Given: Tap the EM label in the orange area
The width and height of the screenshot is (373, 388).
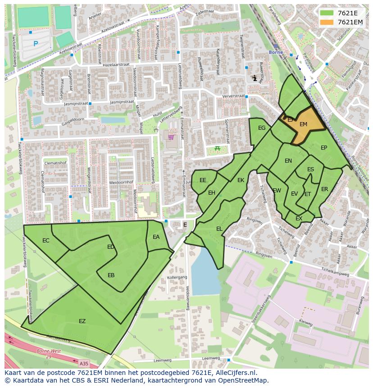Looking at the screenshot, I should point(303,124).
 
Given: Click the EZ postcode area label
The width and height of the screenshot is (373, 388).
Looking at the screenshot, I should point(82,321).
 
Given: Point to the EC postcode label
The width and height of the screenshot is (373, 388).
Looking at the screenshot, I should point(45,241).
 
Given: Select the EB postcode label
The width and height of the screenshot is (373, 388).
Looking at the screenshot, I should point(111,275).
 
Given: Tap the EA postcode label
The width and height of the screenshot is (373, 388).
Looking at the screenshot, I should point(156,237).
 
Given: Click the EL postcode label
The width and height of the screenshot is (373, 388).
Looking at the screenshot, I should point(219,229).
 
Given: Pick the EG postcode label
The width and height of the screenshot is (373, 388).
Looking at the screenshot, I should point(262,128).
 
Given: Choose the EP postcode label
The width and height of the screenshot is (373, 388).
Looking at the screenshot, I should point(323,148).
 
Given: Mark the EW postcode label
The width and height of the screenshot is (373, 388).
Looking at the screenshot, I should point(277,191).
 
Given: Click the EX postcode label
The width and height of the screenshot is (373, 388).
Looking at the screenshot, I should point(299,219).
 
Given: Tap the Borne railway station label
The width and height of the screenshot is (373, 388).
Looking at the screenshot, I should point(275,52).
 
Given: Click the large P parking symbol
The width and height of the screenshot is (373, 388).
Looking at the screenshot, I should point(36,44).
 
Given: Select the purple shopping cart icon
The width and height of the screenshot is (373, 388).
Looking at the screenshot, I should point(171,137).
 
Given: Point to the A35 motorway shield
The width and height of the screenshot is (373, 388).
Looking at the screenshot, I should point(83,363).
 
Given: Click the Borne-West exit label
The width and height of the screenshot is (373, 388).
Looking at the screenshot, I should point(48,351).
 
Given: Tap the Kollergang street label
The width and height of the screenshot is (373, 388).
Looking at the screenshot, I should point(177,278).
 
